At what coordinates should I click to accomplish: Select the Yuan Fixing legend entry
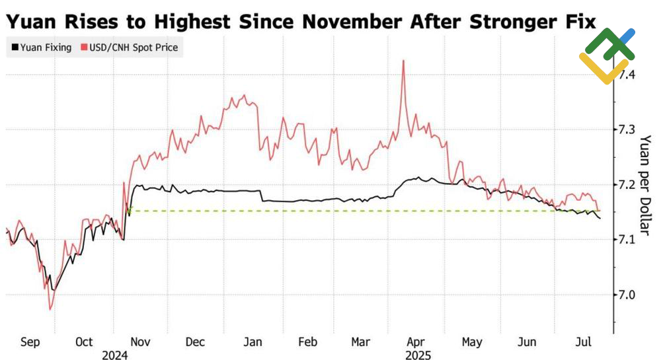coord(41,48)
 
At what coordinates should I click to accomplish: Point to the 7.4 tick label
coord(627,75)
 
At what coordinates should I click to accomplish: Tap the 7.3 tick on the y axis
coord(627,129)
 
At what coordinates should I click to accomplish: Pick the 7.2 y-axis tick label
coord(627,184)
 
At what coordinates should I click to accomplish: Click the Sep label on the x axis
coord(30,342)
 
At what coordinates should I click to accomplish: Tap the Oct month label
coord(84,342)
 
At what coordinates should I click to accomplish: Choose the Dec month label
coord(196,342)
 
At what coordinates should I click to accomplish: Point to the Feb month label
coord(307,342)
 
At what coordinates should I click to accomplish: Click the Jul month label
coord(582,342)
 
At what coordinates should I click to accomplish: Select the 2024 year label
coord(114,354)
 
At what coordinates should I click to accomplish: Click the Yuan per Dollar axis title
coord(646,185)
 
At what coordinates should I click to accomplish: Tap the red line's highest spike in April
coord(403,61)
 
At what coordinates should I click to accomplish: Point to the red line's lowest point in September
coord(50,309)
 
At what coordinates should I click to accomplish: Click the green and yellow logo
coord(607,55)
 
